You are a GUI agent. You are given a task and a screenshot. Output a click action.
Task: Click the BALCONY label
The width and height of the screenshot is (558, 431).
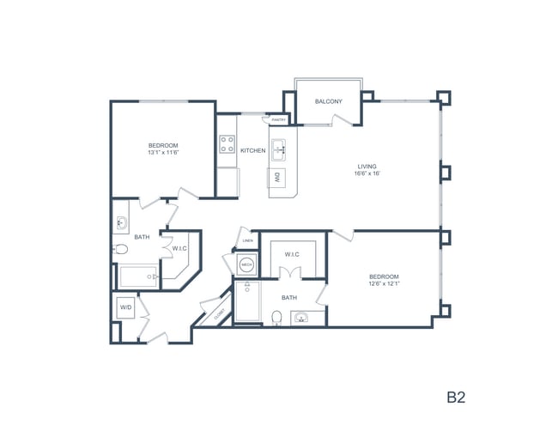(328, 102)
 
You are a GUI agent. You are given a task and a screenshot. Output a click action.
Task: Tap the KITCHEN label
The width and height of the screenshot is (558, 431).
(252, 151)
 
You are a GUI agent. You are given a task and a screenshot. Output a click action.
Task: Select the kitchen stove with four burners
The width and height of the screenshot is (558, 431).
(227, 144)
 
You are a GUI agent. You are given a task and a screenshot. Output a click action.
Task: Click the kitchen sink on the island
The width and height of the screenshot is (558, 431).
(280, 150)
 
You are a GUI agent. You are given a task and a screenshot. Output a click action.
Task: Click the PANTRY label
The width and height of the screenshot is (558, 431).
(279, 119)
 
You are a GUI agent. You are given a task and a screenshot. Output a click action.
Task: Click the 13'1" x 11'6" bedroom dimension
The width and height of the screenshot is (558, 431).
(163, 153)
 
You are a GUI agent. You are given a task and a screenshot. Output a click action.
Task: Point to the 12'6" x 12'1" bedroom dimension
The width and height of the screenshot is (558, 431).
(384, 283)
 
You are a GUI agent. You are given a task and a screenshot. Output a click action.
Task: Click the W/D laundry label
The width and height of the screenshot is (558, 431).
(125, 307)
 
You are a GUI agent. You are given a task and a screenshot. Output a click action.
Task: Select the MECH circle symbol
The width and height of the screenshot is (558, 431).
(246, 264)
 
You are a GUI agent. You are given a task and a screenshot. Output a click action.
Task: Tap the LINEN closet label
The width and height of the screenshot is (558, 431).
(247, 241)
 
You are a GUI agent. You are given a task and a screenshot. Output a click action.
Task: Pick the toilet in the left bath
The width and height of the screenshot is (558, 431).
(121, 250)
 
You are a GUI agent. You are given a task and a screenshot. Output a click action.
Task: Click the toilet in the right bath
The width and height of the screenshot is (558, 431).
(276, 319)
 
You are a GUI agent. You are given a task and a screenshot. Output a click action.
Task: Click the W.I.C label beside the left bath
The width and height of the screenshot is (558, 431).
(179, 249)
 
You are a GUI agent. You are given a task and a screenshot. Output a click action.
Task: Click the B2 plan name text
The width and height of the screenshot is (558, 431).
(455, 397)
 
